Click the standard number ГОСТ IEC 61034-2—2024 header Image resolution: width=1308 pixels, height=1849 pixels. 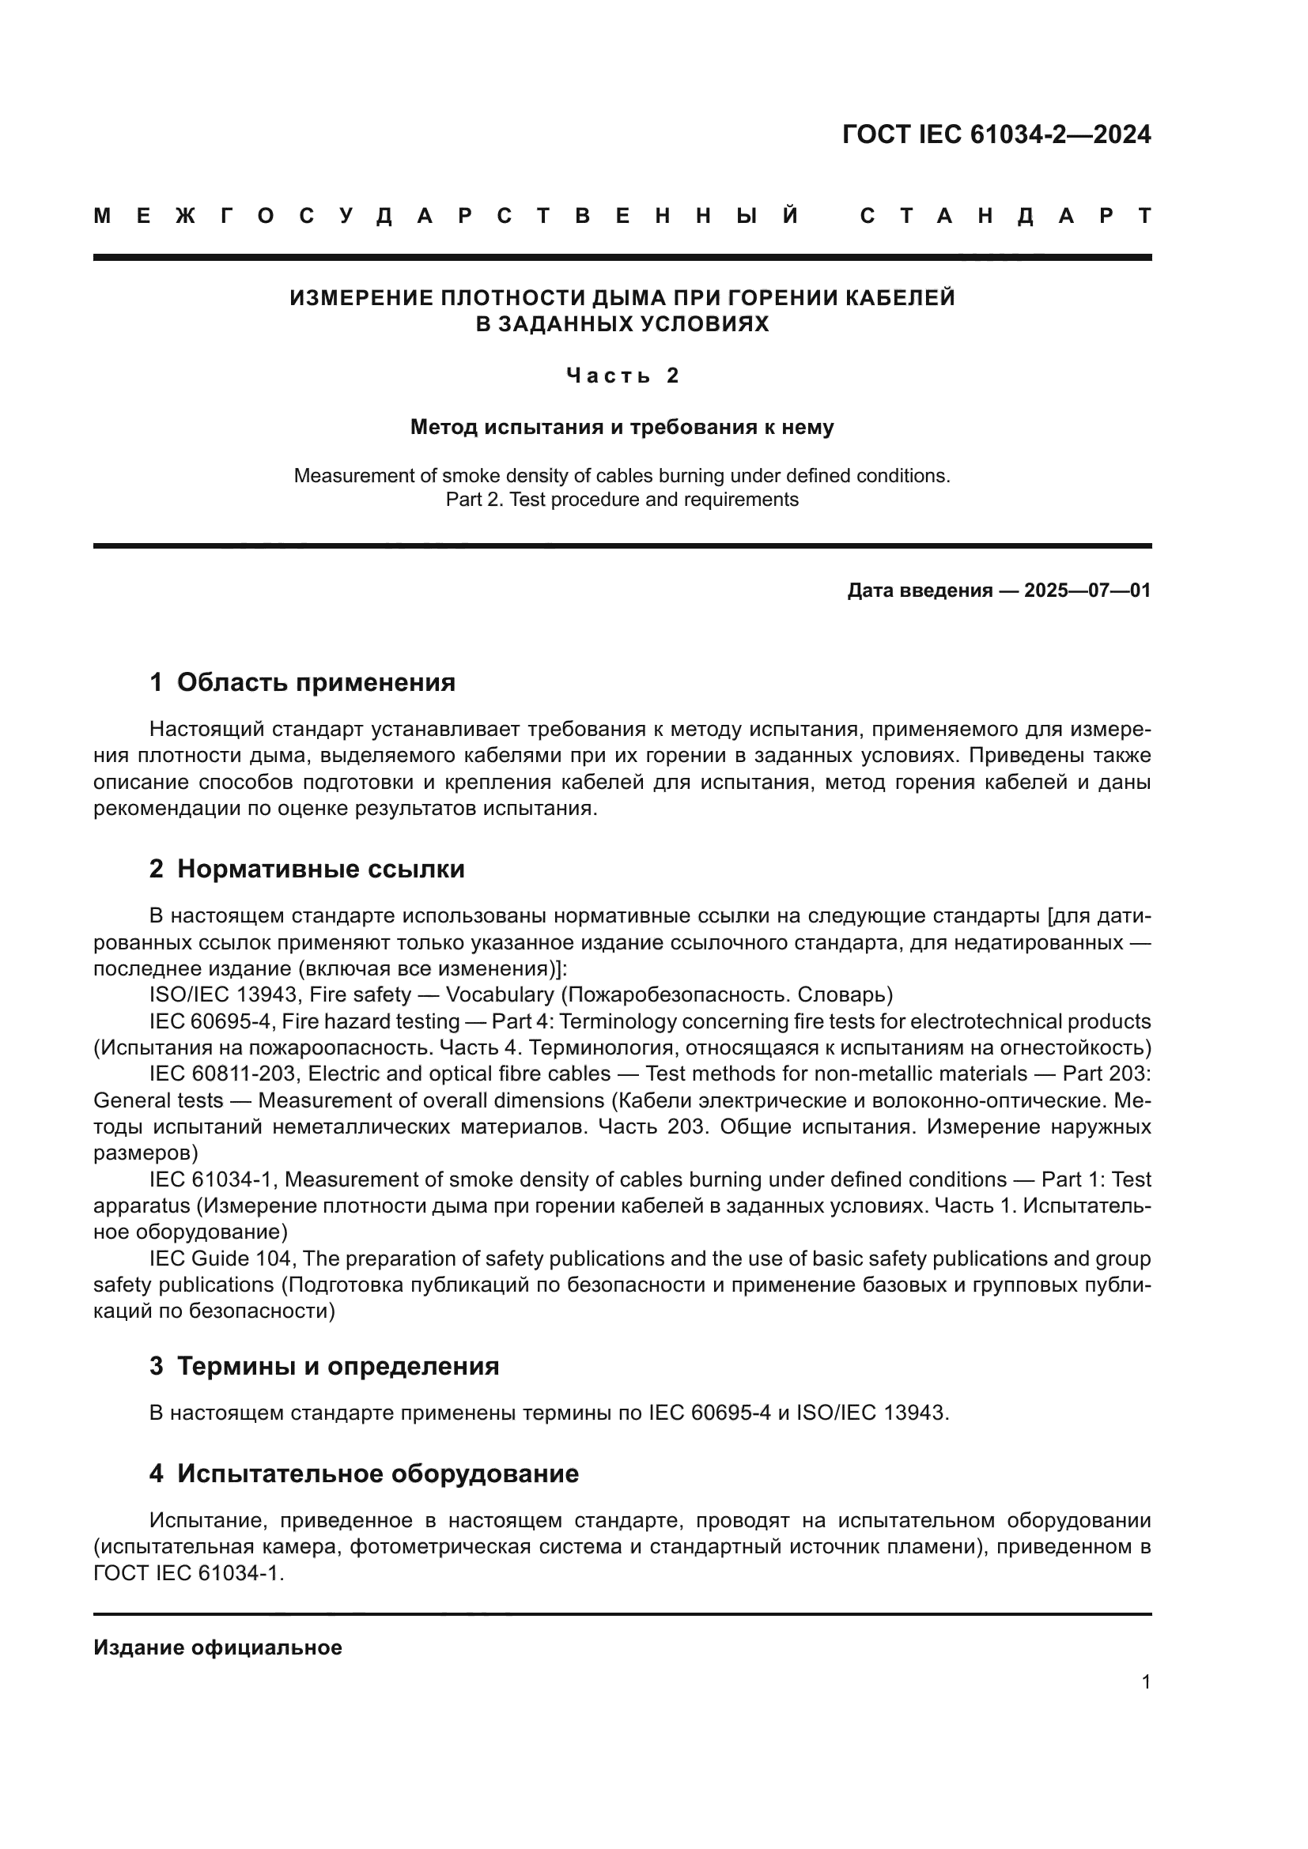996,134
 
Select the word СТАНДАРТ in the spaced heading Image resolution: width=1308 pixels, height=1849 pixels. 1005,217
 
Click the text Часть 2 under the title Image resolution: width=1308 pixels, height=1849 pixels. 622,376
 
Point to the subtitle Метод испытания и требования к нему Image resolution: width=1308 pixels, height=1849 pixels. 622,428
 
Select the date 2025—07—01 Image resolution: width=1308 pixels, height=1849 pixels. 1087,591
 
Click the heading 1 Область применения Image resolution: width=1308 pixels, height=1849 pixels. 302,683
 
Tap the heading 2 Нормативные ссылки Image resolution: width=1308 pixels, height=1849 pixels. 307,870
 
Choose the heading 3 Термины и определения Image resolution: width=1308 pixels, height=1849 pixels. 323,1367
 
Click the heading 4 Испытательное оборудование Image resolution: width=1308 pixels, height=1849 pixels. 364,1474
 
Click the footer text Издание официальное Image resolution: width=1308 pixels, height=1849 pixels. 217,1647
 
